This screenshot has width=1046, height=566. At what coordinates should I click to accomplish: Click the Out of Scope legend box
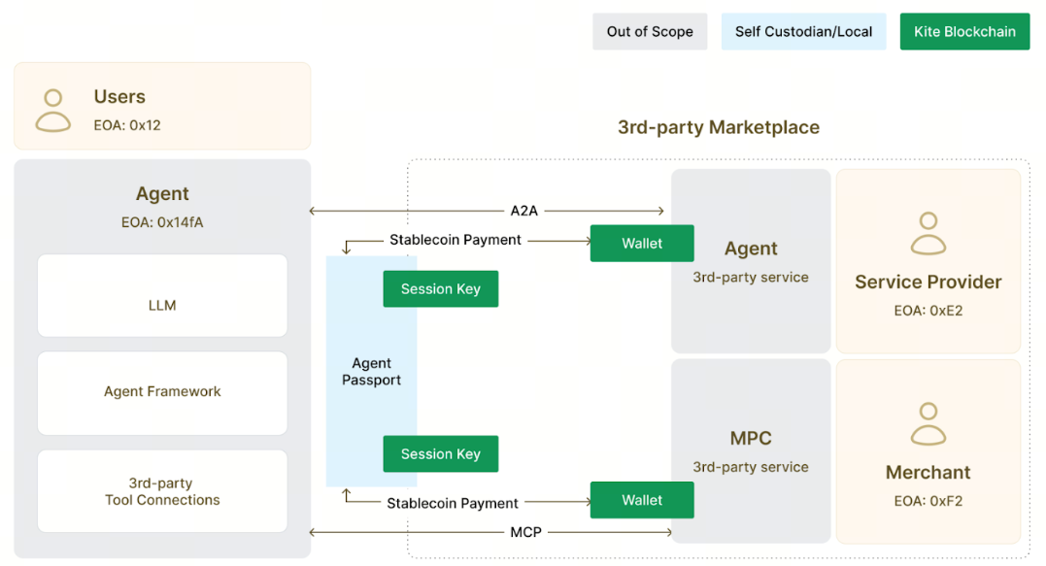pos(650,31)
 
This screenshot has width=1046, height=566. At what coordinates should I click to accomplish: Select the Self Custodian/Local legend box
pos(803,31)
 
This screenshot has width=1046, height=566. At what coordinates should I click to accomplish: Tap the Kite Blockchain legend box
pos(964,31)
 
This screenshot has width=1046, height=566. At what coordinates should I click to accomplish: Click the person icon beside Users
pos(53,110)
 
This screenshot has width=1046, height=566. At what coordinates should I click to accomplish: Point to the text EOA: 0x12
pos(127,125)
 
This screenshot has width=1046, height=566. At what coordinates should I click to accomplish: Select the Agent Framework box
pos(162,392)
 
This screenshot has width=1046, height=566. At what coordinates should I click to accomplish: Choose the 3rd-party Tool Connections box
pos(162,491)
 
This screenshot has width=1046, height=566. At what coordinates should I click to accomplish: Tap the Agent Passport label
pos(371,371)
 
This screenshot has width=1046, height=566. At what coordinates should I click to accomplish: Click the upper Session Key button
pos(441,289)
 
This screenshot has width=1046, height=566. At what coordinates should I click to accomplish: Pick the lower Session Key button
pos(441,454)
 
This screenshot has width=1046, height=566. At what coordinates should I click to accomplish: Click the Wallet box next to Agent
pos(642,244)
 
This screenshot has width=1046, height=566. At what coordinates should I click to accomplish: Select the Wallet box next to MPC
pos(642,500)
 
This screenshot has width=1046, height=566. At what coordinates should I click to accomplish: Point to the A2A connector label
pos(525,211)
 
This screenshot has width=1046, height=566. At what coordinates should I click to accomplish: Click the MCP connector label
pos(525,532)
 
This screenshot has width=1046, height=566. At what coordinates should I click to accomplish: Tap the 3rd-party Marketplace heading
pos(719,127)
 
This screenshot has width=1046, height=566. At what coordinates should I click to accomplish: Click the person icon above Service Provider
pos(928,234)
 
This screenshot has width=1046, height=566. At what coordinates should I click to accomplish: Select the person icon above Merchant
pos(928,424)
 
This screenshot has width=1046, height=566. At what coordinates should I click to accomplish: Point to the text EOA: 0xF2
pos(928,502)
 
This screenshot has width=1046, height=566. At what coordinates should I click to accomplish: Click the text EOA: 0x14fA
pos(162,222)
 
